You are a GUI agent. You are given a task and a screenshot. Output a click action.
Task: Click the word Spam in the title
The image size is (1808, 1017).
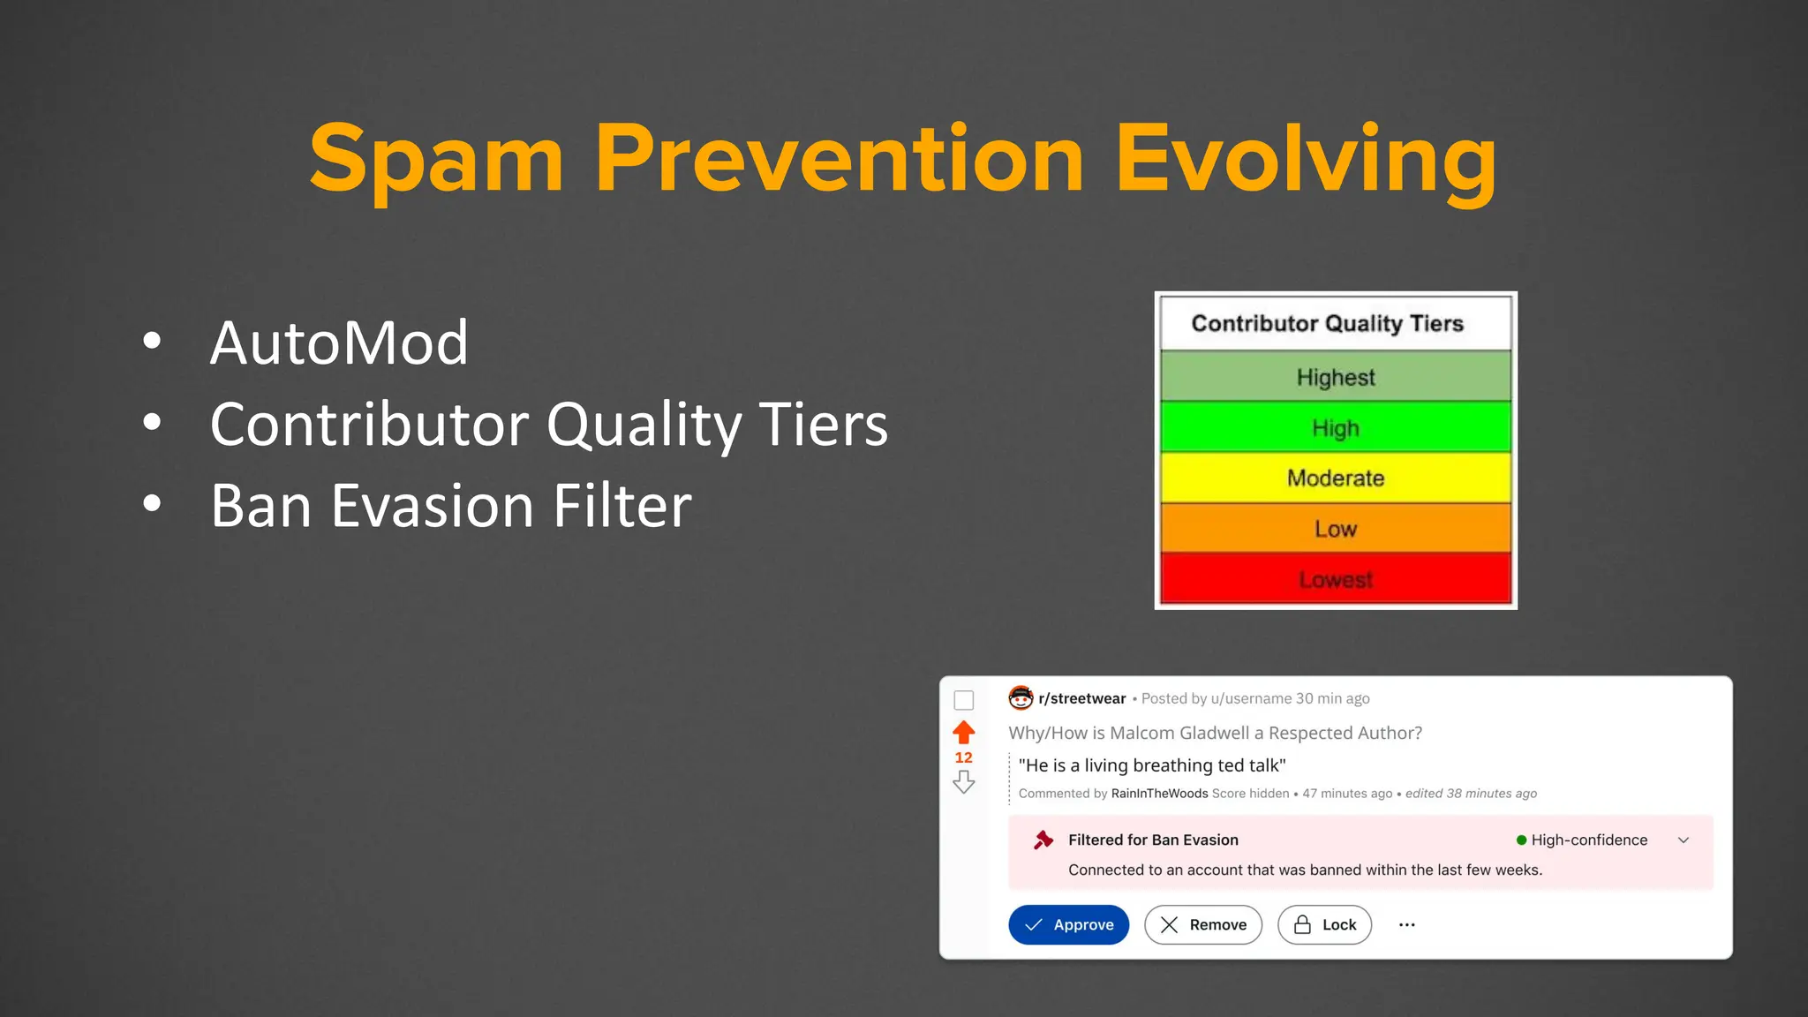coord(436,159)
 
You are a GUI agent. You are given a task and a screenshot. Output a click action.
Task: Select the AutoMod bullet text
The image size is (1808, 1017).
coord(339,343)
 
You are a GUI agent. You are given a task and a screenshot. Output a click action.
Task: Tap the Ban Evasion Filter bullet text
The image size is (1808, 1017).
coord(450,506)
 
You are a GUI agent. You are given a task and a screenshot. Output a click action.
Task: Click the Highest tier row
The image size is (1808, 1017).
coord(1335,377)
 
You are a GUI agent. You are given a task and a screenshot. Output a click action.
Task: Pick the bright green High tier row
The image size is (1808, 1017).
coord(1335,428)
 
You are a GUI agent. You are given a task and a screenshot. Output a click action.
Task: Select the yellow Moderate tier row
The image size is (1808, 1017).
coord(1335,478)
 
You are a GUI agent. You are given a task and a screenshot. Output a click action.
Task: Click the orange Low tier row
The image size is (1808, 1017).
coord(1335,529)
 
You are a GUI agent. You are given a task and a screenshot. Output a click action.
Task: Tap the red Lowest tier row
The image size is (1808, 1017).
coord(1335,579)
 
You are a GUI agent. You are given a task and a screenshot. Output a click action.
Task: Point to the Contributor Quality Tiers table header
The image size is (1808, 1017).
coord(1327,323)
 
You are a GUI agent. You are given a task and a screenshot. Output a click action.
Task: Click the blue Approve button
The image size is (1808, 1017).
coord(1068,924)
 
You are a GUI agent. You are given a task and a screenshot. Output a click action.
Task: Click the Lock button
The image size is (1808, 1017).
coord(1324,924)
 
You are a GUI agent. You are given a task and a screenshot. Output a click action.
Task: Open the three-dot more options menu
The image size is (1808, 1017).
coord(1407,924)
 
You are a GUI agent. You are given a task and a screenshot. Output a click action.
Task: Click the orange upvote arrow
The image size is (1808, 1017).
coord(964,732)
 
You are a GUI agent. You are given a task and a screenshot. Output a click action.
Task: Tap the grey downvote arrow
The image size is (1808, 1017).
coord(964,782)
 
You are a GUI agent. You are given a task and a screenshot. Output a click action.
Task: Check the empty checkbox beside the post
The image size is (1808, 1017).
coord(964,700)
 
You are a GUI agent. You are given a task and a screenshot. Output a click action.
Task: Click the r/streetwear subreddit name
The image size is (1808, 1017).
coord(1081,698)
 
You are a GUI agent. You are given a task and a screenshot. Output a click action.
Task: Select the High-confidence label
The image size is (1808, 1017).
coord(1588,840)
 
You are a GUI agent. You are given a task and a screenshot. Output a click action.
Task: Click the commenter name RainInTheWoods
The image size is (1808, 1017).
coord(1159,793)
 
